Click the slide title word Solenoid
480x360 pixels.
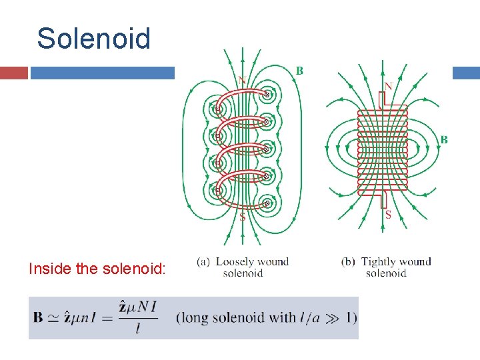pyautogui.click(x=94, y=39)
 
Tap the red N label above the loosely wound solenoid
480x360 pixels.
pyautogui.click(x=242, y=81)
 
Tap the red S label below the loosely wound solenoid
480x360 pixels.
pyautogui.click(x=242, y=217)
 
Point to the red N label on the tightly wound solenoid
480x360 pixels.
pyautogui.click(x=388, y=86)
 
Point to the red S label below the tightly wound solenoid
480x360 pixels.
pyautogui.click(x=388, y=215)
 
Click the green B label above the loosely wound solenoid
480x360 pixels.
pyautogui.click(x=299, y=71)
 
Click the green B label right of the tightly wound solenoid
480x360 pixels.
pyautogui.click(x=444, y=139)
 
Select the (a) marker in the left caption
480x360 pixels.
pyautogui.click(x=204, y=262)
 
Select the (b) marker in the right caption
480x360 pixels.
pyautogui.click(x=349, y=262)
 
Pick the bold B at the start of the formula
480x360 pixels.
pyautogui.click(x=39, y=317)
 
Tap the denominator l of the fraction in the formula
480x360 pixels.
pyautogui.click(x=137, y=328)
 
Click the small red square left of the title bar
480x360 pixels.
pyautogui.click(x=14, y=73)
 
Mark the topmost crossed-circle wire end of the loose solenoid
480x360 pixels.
pyautogui.click(x=267, y=95)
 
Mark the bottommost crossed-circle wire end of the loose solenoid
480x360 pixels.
pyautogui.click(x=267, y=203)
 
